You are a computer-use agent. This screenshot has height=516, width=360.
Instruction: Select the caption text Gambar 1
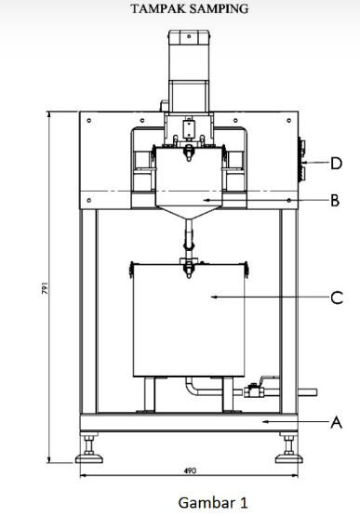coord(213,503)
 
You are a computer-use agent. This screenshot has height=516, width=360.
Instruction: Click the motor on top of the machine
coord(188,65)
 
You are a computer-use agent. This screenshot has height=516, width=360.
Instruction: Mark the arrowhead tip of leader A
coord(262,421)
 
